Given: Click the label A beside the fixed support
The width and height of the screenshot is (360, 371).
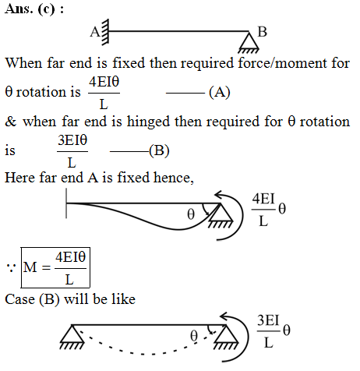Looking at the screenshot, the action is click(x=94, y=33).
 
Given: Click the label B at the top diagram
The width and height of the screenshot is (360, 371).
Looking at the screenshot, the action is click(x=262, y=32).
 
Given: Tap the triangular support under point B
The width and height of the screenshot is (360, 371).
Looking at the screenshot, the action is click(x=249, y=42).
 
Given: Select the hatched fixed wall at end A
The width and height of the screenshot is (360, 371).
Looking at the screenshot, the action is click(x=105, y=32).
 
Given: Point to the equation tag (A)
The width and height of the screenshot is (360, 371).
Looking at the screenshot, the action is click(x=220, y=93).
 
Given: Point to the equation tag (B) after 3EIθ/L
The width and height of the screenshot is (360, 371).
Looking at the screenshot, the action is click(x=159, y=151).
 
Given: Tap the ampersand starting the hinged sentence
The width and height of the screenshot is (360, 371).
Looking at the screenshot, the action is click(x=10, y=122).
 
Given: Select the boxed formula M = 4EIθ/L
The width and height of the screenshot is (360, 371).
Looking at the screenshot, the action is click(x=55, y=267).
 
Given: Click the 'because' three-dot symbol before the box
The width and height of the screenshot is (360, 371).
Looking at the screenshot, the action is click(x=12, y=267).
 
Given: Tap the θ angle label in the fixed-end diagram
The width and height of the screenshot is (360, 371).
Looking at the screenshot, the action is click(x=191, y=214).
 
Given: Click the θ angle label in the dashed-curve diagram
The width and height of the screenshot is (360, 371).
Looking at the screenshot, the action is click(x=194, y=336).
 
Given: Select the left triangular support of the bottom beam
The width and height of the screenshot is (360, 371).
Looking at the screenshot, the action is click(x=72, y=337).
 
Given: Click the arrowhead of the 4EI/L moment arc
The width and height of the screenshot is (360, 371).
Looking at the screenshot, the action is click(x=219, y=194).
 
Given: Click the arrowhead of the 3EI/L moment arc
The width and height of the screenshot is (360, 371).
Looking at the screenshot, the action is click(x=224, y=316).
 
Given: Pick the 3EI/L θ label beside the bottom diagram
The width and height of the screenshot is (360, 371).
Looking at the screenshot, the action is click(x=274, y=331).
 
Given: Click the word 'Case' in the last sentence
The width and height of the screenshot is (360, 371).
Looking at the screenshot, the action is click(x=19, y=299).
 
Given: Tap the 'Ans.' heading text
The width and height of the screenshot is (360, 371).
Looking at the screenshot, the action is click(x=19, y=9).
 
